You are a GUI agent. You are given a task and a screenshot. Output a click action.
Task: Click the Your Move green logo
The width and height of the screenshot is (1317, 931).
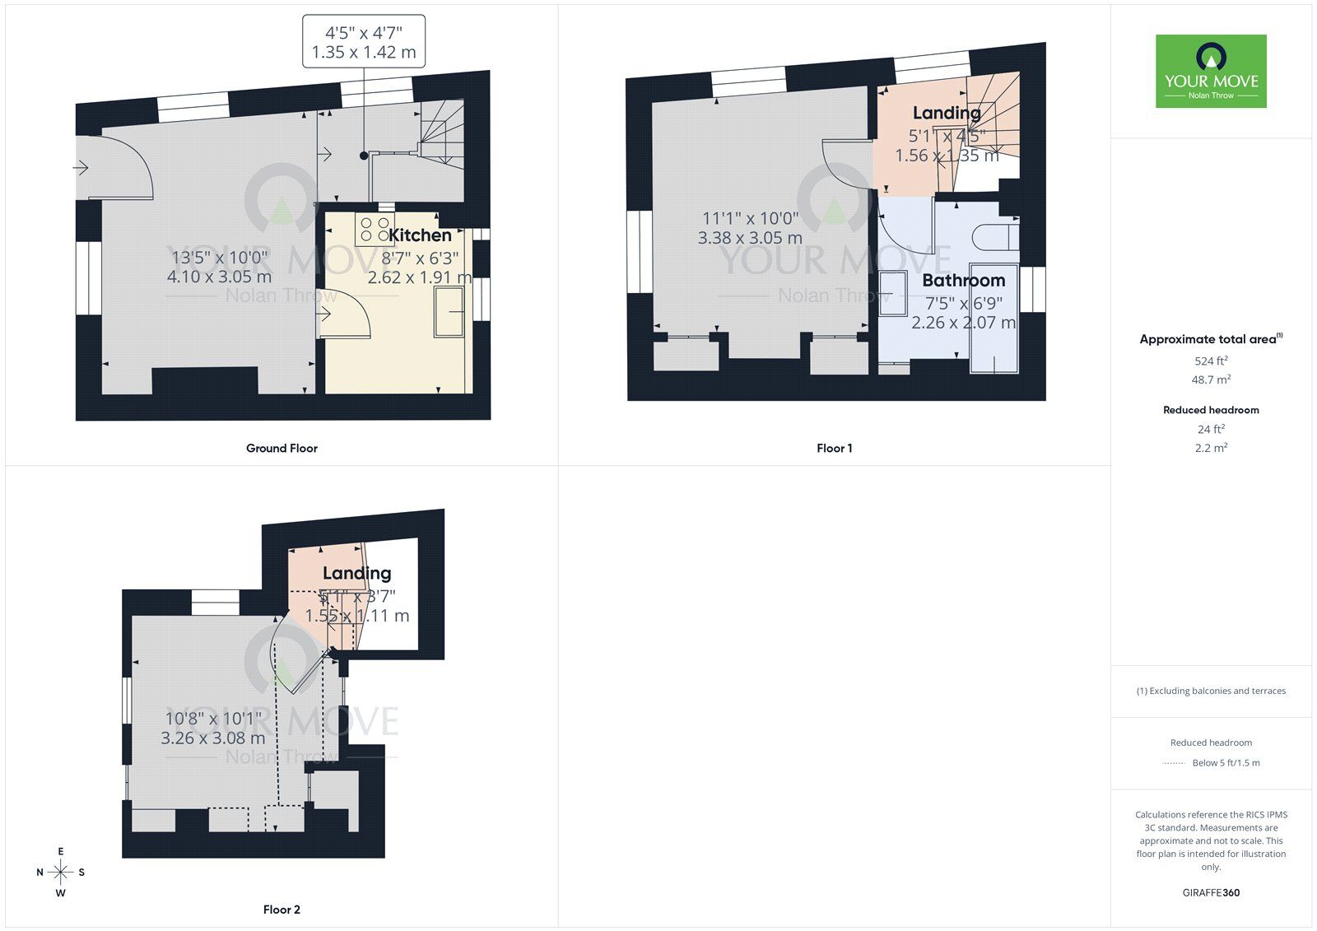coord(1211,71)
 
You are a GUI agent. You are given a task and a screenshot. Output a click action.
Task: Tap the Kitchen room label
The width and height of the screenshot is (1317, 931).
coord(420,235)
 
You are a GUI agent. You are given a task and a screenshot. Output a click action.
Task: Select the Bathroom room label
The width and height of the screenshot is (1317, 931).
coord(963,281)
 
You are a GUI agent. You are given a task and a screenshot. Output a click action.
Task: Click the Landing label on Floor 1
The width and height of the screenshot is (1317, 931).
coord(947,113)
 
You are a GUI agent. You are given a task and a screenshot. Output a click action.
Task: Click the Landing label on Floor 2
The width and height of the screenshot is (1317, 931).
coord(356,573)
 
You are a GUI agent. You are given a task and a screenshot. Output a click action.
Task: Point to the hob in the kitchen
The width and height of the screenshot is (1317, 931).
coord(375,230)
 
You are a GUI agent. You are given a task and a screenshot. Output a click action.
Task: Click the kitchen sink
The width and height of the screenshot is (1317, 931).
coord(449,311)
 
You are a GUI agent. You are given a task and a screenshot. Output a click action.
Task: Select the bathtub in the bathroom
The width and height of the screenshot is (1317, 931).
coord(994,319)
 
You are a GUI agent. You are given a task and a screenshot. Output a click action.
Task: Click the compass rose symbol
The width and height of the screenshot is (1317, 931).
coord(61,872)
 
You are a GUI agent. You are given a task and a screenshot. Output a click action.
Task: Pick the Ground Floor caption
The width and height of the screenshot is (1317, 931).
coord(282,449)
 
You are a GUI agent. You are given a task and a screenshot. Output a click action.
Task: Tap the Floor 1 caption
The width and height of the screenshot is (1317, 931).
coord(834,449)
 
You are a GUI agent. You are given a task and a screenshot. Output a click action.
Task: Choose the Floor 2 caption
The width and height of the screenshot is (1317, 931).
coord(282,910)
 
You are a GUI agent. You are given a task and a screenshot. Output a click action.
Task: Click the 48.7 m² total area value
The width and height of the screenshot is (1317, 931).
coord(1211,379)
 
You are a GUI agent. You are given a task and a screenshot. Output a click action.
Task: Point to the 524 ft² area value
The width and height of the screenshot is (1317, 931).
coord(1211,361)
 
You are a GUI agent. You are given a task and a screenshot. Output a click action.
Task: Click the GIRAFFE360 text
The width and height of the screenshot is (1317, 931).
coord(1211,892)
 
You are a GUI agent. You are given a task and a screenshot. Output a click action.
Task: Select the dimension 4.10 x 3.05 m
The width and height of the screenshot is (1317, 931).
coord(219,277)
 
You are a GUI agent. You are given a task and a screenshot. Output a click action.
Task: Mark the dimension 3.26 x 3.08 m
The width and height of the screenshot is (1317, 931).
coord(212,738)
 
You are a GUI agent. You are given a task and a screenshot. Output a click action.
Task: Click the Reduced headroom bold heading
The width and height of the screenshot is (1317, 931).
coord(1211,410)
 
